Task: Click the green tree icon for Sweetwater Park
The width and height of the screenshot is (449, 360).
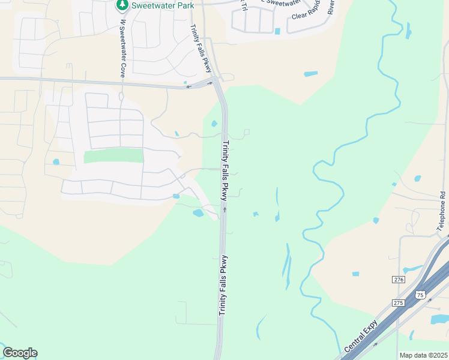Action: (122, 5)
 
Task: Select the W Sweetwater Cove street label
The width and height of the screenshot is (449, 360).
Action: (122, 49)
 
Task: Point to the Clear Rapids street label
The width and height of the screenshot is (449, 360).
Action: (307, 13)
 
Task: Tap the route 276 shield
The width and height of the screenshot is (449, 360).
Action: (399, 280)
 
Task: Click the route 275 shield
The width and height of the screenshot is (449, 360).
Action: (399, 303)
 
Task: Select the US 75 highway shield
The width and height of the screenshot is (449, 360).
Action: (420, 295)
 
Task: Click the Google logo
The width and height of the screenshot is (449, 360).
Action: (20, 353)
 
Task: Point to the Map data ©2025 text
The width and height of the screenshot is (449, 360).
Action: (423, 355)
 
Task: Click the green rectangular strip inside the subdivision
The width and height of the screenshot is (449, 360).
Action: (113, 156)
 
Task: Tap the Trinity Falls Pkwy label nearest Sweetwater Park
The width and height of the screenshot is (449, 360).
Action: (200, 47)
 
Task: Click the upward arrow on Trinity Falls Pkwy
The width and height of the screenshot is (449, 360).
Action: (224, 209)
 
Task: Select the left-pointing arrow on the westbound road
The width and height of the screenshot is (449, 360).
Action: (188, 87)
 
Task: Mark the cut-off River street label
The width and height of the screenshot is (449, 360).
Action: (331, 7)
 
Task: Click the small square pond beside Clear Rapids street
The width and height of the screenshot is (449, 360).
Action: (277, 31)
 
